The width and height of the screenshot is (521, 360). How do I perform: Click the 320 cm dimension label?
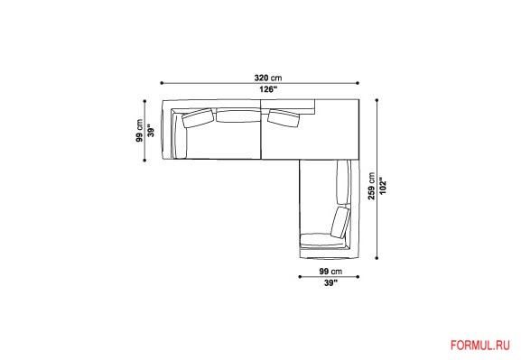click(268, 78)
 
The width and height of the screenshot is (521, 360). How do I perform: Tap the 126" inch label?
click(268, 89)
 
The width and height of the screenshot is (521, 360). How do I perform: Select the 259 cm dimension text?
click(371, 186)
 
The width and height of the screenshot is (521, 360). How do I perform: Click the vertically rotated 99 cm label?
click(139, 131)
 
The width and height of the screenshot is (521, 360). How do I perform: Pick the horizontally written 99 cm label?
click(330, 272)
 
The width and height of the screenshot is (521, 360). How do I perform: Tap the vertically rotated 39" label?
click(151, 131)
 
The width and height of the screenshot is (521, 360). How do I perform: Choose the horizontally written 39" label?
click(330, 283)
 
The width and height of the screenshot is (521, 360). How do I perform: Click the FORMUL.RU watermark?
click(480, 346)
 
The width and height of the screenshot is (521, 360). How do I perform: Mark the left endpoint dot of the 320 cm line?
click(162, 83)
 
